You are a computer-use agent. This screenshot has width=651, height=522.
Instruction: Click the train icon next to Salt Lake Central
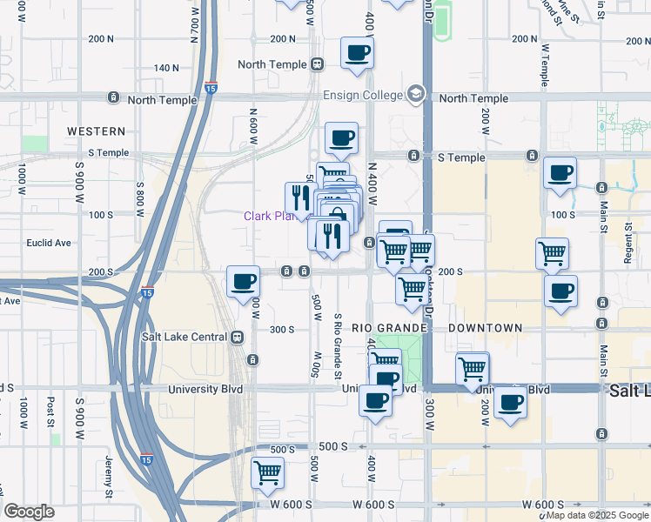(236, 337)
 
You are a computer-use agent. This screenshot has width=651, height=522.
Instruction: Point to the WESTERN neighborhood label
(97, 131)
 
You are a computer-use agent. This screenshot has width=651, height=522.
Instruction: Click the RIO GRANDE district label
(389, 328)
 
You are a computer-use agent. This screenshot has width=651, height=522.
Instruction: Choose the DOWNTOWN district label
(486, 328)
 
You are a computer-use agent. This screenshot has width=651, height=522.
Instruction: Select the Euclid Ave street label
(49, 244)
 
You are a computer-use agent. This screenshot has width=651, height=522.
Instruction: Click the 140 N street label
(165, 68)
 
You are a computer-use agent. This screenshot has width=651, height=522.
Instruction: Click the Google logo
(29, 512)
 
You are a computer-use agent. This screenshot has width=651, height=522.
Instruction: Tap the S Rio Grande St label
(337, 345)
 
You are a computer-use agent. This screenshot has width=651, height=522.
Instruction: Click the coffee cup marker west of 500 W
(243, 282)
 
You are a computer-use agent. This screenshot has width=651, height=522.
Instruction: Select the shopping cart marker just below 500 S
(267, 473)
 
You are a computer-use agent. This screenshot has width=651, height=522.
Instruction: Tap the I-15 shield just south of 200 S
(148, 292)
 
